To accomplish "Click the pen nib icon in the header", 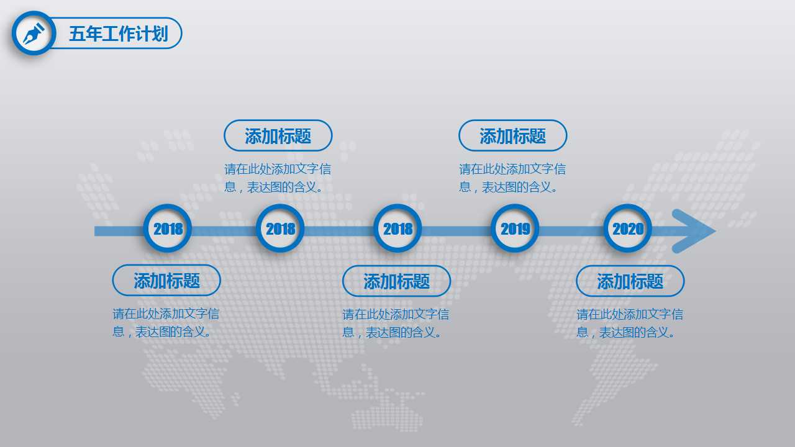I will coord(34,33).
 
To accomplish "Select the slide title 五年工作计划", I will coord(118,34).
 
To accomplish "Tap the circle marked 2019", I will coord(515,228).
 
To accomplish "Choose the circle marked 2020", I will coord(628,228).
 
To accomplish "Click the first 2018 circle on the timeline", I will coord(168,228).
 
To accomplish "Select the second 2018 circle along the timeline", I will coord(280,228).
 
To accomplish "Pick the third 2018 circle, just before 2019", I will coord(397,228).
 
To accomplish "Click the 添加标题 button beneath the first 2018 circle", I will coord(166,281).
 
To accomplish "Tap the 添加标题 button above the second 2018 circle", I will coord(278,135).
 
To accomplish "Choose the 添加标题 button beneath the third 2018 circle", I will coord(396,281).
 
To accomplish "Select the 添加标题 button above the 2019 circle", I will coord(512,135).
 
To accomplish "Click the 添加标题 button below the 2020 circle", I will coord(630,281).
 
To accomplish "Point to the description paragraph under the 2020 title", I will coord(629,323).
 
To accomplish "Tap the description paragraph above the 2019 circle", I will coord(512,178).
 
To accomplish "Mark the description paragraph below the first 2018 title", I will coord(166,322).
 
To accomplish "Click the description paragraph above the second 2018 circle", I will coord(278,178).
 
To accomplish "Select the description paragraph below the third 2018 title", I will coord(396,323).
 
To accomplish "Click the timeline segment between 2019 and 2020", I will coord(571,231).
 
